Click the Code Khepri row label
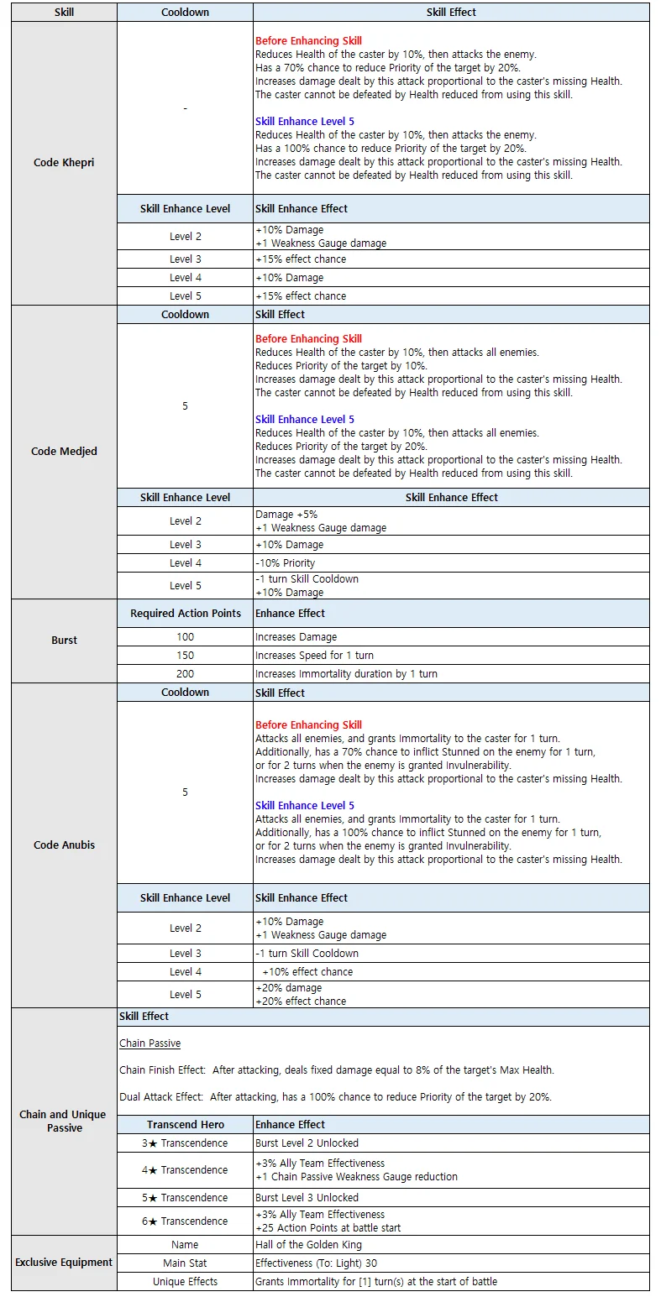(x=64, y=162)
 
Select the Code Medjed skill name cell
(x=64, y=452)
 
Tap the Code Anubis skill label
(x=64, y=845)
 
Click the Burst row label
(x=64, y=640)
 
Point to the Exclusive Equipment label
(x=64, y=1262)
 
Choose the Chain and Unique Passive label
(x=64, y=1121)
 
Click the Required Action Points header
(x=185, y=614)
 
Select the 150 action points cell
(x=185, y=655)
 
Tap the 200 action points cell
(x=185, y=673)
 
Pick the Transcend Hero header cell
(x=185, y=1124)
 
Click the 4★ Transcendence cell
(x=185, y=1169)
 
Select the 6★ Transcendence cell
(x=185, y=1221)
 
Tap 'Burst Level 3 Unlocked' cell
(x=307, y=1197)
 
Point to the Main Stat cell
(x=185, y=1263)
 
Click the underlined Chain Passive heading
(x=150, y=1043)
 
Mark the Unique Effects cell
(x=185, y=1282)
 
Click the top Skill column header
(x=64, y=13)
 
